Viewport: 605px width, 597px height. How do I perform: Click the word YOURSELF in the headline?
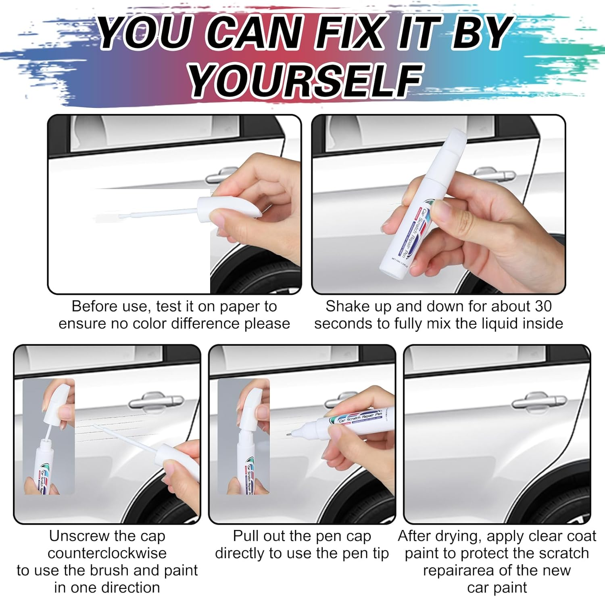(305, 81)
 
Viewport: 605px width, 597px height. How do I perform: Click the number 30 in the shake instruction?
(543, 306)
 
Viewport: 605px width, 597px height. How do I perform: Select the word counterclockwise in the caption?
(107, 553)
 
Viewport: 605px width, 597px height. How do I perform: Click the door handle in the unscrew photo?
(155, 401)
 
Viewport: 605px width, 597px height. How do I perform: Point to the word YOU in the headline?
(145, 32)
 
